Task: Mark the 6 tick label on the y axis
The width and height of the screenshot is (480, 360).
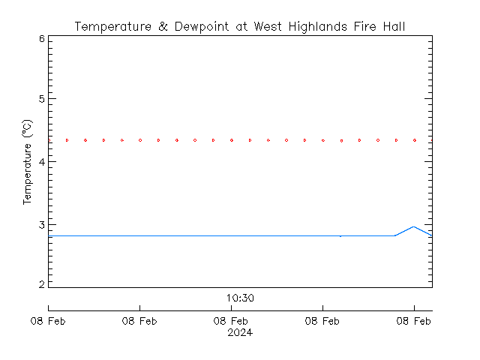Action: tap(42, 39)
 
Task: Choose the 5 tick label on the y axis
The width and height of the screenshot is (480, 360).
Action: tap(42, 100)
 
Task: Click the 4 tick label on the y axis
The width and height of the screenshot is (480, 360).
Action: tap(42, 162)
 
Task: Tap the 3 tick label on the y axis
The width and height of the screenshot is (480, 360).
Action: tap(42, 224)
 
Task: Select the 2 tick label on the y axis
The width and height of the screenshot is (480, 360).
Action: tap(42, 286)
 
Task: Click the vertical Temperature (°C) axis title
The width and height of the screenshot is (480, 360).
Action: tap(27, 162)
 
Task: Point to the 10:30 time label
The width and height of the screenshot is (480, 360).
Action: tap(240, 298)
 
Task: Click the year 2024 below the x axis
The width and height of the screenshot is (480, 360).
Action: tap(240, 333)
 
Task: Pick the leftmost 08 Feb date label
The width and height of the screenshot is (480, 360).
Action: tap(49, 322)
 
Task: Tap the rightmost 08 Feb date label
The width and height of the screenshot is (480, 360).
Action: tap(414, 322)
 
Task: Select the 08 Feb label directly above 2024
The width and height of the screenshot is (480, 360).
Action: tap(232, 322)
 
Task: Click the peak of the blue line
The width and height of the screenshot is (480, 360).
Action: tap(413, 226)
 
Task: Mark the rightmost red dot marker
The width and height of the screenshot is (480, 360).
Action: tap(415, 140)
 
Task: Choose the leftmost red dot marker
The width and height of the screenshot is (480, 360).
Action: tap(49, 140)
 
